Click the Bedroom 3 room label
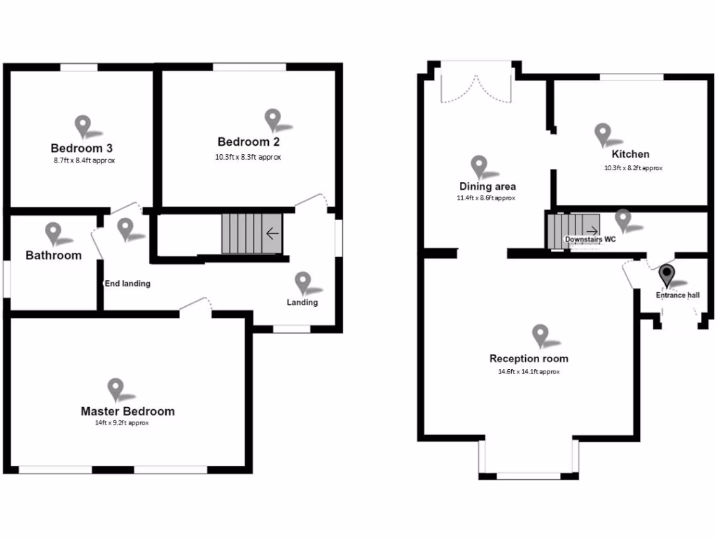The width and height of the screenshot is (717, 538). [82, 149]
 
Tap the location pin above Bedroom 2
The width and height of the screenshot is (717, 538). [272, 119]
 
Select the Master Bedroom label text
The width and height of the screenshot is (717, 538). [127, 411]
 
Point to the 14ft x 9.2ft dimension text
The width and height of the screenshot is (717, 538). [123, 423]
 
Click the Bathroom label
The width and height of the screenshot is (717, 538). [53, 256]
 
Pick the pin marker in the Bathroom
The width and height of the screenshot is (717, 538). [53, 233]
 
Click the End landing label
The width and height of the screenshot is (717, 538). [127, 284]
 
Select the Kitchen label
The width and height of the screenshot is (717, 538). [630, 154]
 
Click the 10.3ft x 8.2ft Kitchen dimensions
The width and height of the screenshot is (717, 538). [633, 168]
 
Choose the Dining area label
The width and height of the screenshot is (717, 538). [487, 186]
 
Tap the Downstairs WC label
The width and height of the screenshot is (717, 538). [590, 240]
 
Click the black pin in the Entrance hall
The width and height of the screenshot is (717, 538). [667, 274]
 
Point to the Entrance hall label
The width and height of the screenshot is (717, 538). [677, 296]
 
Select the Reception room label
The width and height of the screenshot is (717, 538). [529, 359]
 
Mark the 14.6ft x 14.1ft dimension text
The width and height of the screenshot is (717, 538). [529, 372]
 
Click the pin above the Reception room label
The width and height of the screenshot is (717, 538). [540, 335]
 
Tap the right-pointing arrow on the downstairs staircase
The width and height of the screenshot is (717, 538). [592, 230]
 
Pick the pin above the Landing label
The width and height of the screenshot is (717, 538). [302, 282]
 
